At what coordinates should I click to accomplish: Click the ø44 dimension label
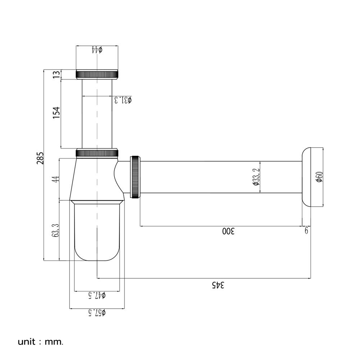[97, 49]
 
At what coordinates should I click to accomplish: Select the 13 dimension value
[56, 75]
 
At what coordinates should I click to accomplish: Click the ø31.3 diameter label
[123, 100]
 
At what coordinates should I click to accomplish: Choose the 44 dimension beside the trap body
[56, 179]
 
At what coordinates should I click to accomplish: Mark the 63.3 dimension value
[56, 230]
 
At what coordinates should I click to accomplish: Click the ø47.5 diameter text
[97, 295]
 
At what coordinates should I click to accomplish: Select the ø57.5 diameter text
[97, 312]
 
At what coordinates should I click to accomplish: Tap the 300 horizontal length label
[228, 231]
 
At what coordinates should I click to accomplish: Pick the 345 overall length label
[218, 285]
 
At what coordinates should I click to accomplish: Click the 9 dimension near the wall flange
[306, 230]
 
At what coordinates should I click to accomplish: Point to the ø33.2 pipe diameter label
[256, 177]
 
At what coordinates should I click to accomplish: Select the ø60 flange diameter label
[319, 177]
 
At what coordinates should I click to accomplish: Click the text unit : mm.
[40, 341]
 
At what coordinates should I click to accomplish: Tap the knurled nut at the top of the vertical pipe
[97, 74]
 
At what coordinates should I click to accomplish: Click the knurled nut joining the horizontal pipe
[135, 176]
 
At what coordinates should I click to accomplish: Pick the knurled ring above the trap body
[97, 153]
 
